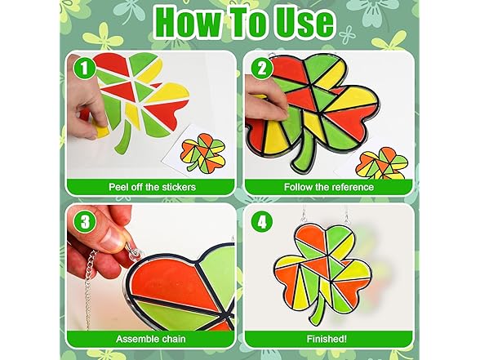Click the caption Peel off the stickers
[152, 186]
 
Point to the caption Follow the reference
[328, 186]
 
